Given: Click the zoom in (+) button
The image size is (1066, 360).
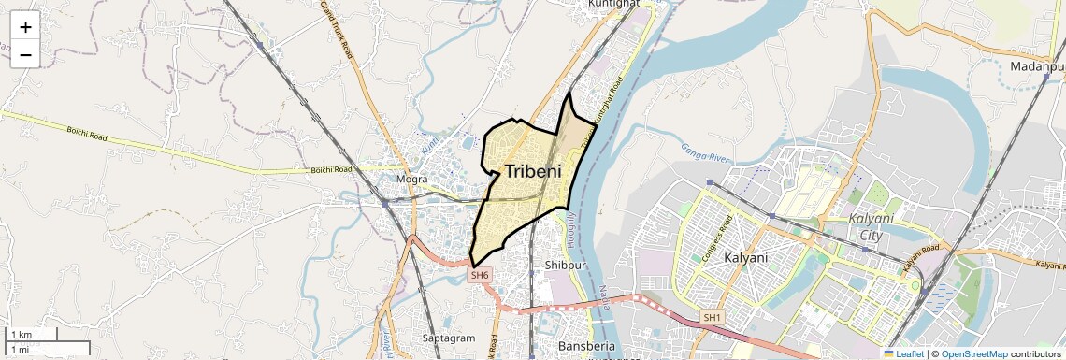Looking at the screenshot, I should [x=25, y=27].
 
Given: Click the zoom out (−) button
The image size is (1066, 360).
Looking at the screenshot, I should [x=25, y=55].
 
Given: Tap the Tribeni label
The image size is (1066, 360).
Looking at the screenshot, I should [x=533, y=171].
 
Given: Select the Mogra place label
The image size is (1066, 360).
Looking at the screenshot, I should [x=412, y=179].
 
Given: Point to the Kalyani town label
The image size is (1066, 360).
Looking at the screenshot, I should [x=745, y=258].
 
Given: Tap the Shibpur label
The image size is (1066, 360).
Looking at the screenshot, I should [x=564, y=265].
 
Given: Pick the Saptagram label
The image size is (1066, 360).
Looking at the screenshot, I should [x=450, y=338].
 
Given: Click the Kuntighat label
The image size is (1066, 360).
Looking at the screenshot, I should [x=612, y=4].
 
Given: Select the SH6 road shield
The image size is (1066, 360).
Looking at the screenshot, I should [x=480, y=275].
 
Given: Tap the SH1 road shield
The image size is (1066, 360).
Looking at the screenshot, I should [x=713, y=318].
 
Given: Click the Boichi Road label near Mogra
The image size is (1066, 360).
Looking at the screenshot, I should [x=331, y=169].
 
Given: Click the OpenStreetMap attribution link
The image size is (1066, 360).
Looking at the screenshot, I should [x=974, y=353].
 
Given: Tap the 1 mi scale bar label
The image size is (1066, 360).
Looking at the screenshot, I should [x=20, y=349].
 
